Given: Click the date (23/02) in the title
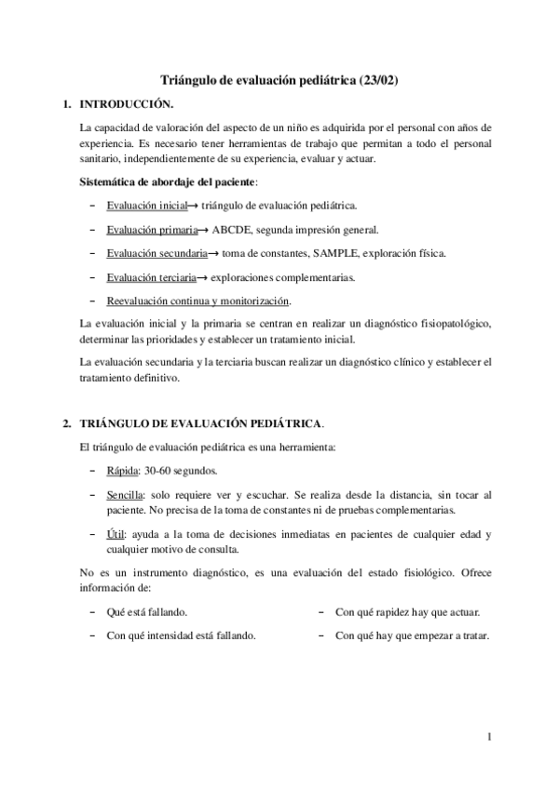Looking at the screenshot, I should coord(381,81).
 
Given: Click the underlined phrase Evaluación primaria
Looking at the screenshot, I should coord(151,229).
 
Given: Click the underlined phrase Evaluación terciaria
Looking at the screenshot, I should coord(151,276).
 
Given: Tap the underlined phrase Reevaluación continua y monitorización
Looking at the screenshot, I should coord(198,301).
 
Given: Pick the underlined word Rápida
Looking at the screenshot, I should coord(122,471).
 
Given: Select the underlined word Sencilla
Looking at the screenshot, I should coord(125,495).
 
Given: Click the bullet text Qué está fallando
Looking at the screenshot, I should coord(147,612).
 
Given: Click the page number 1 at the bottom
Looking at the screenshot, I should coord(488,739).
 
